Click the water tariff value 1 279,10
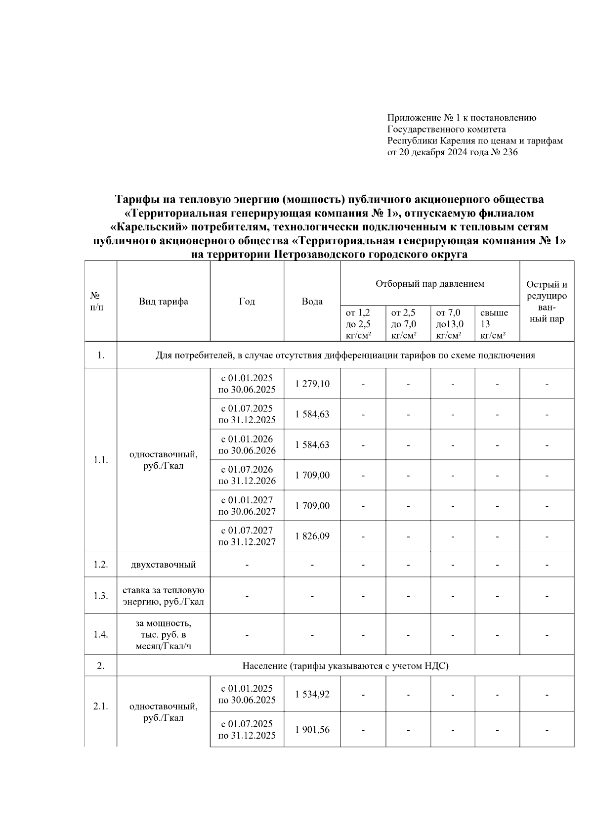312,384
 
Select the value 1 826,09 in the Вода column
312,536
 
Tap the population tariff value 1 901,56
312,729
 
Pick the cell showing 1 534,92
312,694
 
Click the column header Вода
312,302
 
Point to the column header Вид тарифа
163,302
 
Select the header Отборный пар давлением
430,284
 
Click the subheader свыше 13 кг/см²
494,324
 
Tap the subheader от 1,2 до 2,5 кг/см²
359,324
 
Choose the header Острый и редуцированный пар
547,302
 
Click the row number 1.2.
101,564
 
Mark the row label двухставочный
163,564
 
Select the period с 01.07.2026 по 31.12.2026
247,475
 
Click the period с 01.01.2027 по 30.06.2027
247,505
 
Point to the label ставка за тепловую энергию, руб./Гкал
163,596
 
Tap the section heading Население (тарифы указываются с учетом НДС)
345,666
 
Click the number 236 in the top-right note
509,152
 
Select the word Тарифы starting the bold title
135,199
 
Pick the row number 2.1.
101,706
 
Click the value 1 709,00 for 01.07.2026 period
312,475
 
